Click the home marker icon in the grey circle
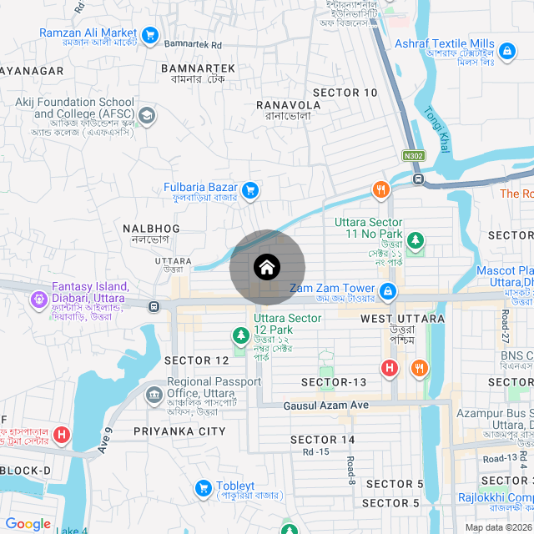(x=267, y=268)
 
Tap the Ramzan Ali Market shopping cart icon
(x=150, y=35)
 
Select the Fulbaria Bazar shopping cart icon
(x=249, y=191)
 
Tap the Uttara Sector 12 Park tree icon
(x=240, y=335)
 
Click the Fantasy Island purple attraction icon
(x=38, y=298)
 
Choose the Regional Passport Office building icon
(x=155, y=394)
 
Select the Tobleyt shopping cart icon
(x=203, y=487)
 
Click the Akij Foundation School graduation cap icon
(x=147, y=115)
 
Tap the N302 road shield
(x=412, y=155)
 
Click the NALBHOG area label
(x=151, y=228)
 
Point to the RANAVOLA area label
(x=288, y=105)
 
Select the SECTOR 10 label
(x=345, y=93)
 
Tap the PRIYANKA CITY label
(x=179, y=431)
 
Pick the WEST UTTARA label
(x=402, y=319)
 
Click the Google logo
(x=28, y=524)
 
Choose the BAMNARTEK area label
(x=198, y=68)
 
